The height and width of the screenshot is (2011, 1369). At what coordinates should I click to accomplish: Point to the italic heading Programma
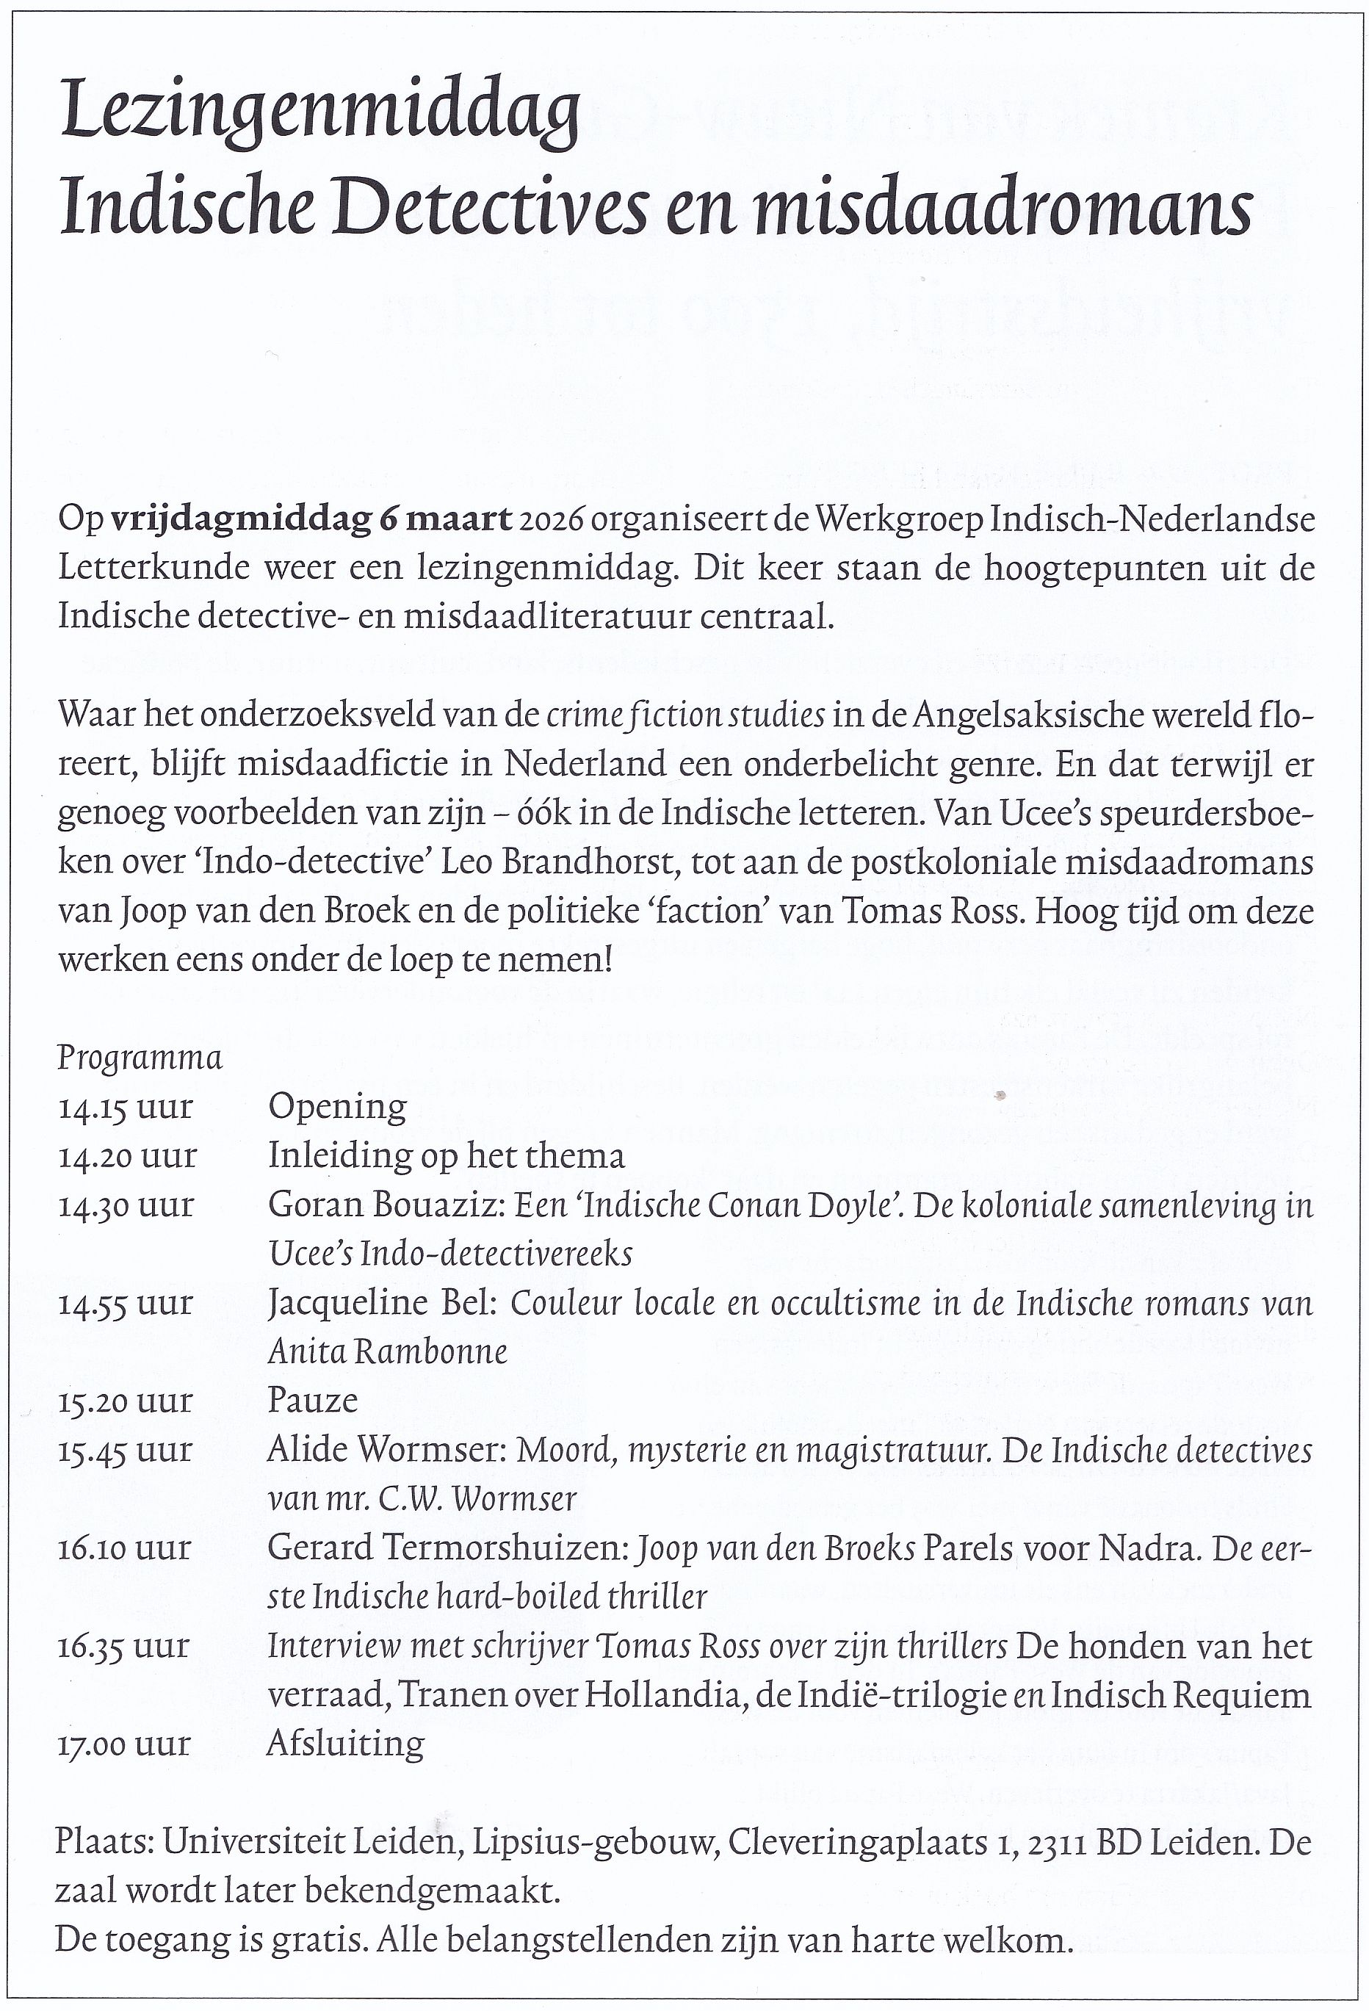click(x=140, y=1058)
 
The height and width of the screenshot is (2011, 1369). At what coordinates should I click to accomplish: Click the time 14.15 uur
click(x=126, y=1108)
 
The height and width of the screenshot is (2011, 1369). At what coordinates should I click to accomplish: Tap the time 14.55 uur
click(x=126, y=1303)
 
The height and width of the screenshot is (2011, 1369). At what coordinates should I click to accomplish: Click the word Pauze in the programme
click(x=312, y=1401)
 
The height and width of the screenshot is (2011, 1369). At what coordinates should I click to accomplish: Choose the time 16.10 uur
click(x=126, y=1548)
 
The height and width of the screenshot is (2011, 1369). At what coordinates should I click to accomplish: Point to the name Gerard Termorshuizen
click(x=447, y=1548)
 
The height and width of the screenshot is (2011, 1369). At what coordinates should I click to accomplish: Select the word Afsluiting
click(x=345, y=1743)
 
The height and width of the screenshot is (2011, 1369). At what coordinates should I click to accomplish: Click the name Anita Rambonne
click(x=388, y=1352)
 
